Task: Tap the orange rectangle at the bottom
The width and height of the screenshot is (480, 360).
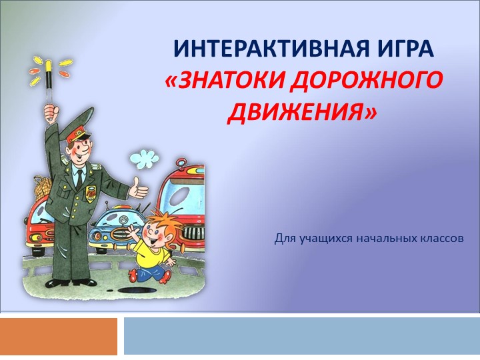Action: [x=59, y=336]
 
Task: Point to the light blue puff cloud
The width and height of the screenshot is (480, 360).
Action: [x=144, y=159]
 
